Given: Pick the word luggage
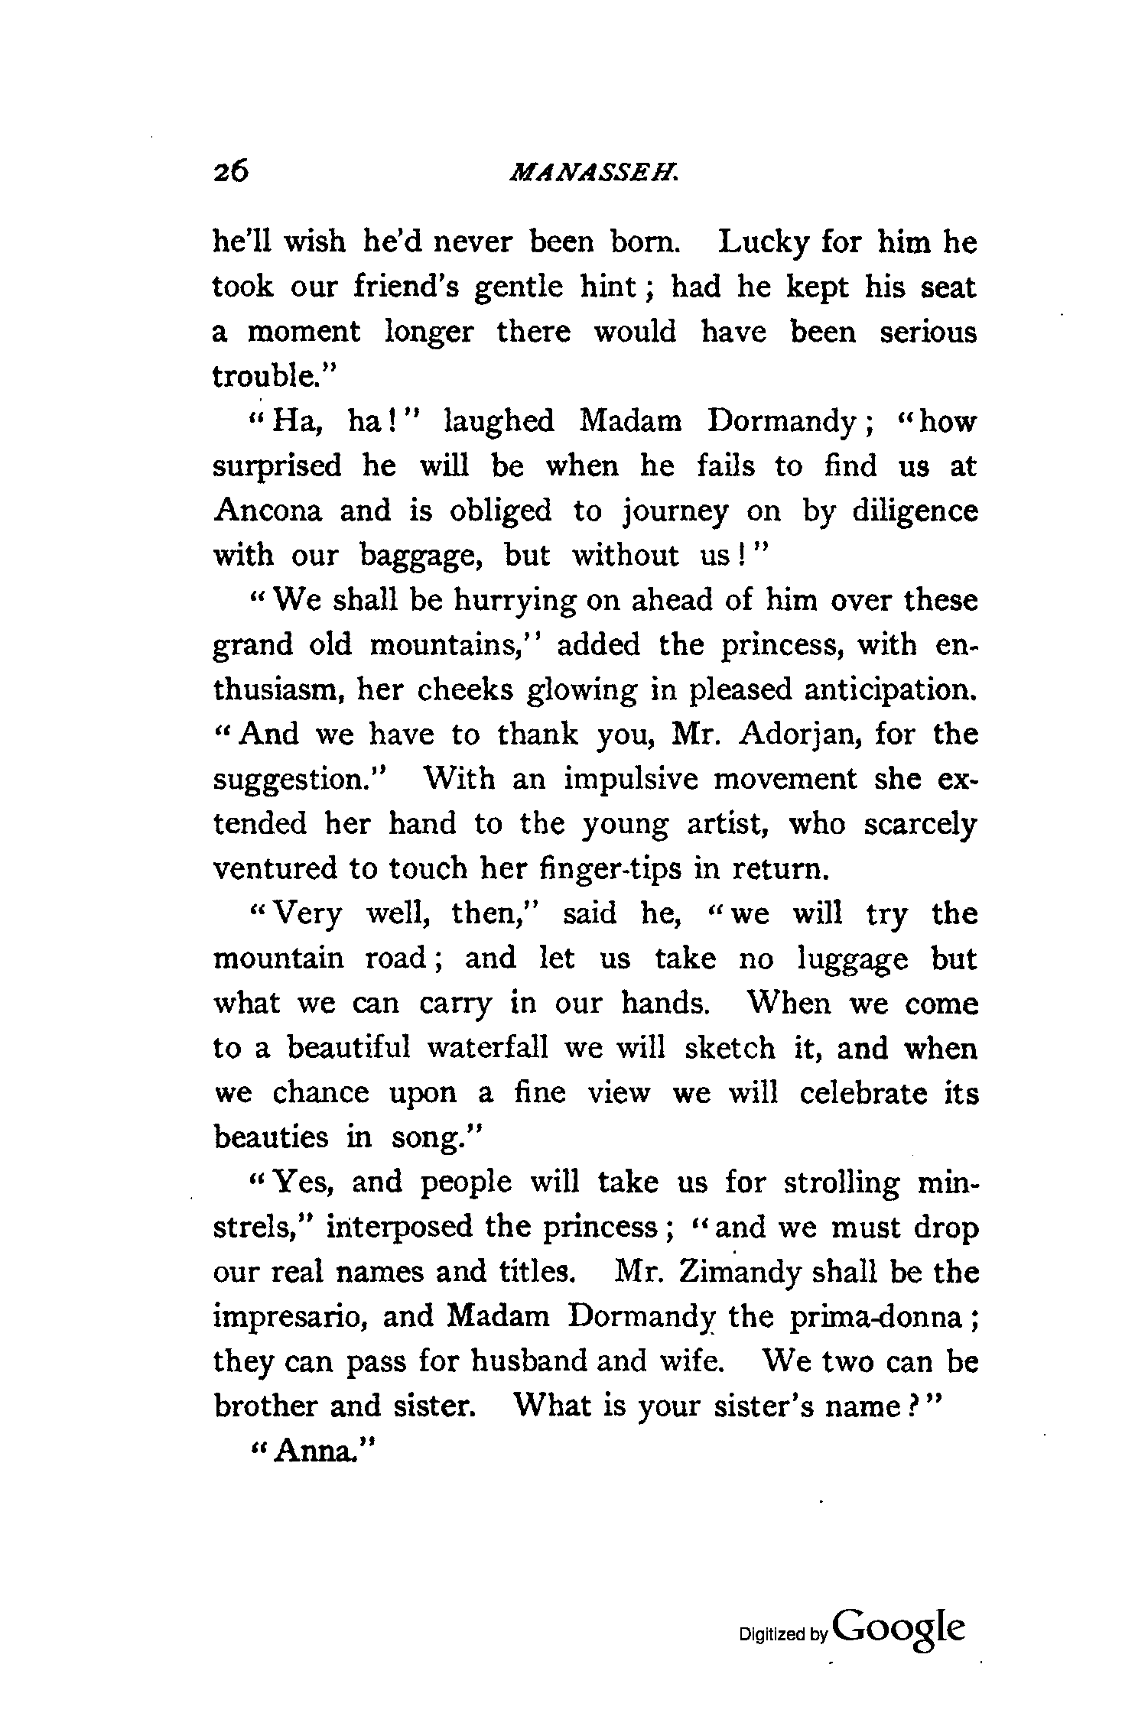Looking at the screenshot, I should (853, 959).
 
